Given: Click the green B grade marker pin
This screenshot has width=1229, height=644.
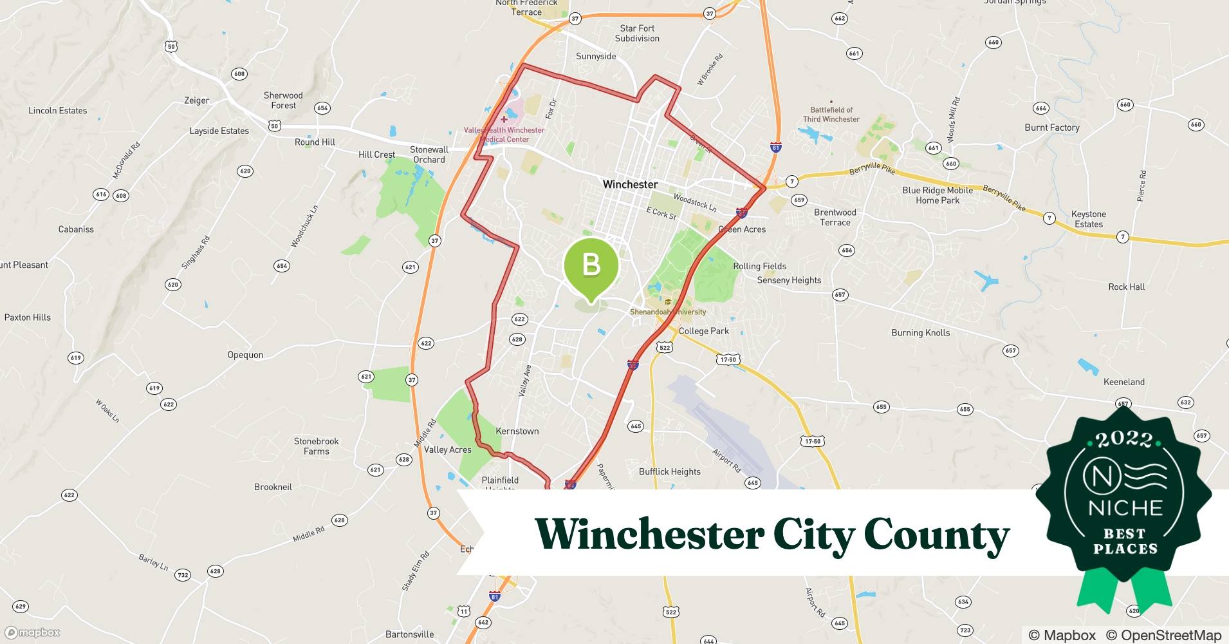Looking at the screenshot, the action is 591,265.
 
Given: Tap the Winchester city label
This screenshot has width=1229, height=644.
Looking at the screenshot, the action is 630,184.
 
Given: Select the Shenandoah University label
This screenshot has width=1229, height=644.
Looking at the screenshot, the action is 668,312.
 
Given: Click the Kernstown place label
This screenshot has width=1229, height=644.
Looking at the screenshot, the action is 517,431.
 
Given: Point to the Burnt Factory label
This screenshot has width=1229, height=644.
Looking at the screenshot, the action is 1052,128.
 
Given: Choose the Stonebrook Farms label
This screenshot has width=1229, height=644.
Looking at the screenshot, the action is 316,446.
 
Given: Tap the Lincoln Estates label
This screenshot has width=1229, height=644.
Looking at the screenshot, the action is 57,111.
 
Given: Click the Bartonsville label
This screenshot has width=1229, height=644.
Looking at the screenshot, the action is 409,634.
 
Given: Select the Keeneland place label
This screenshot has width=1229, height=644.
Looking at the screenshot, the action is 1123,382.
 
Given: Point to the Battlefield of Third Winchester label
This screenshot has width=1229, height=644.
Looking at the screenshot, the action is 831,115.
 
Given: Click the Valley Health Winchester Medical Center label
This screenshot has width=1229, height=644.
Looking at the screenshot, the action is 504,135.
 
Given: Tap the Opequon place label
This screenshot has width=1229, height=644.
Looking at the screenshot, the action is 245,355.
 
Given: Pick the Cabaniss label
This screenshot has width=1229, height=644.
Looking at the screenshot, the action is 76,229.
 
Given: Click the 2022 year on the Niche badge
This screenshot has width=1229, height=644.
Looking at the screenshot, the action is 1124,439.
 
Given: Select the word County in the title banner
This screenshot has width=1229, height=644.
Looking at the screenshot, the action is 936,535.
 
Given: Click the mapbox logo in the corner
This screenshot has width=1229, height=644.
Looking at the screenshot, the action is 33,632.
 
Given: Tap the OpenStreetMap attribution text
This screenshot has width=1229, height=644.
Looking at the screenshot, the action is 1163,635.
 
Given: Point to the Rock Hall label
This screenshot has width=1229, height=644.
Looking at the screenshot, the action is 1126,287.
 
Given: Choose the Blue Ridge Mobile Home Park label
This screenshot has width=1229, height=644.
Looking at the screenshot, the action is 938,195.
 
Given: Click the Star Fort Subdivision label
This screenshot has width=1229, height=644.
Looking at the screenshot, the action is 637,33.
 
